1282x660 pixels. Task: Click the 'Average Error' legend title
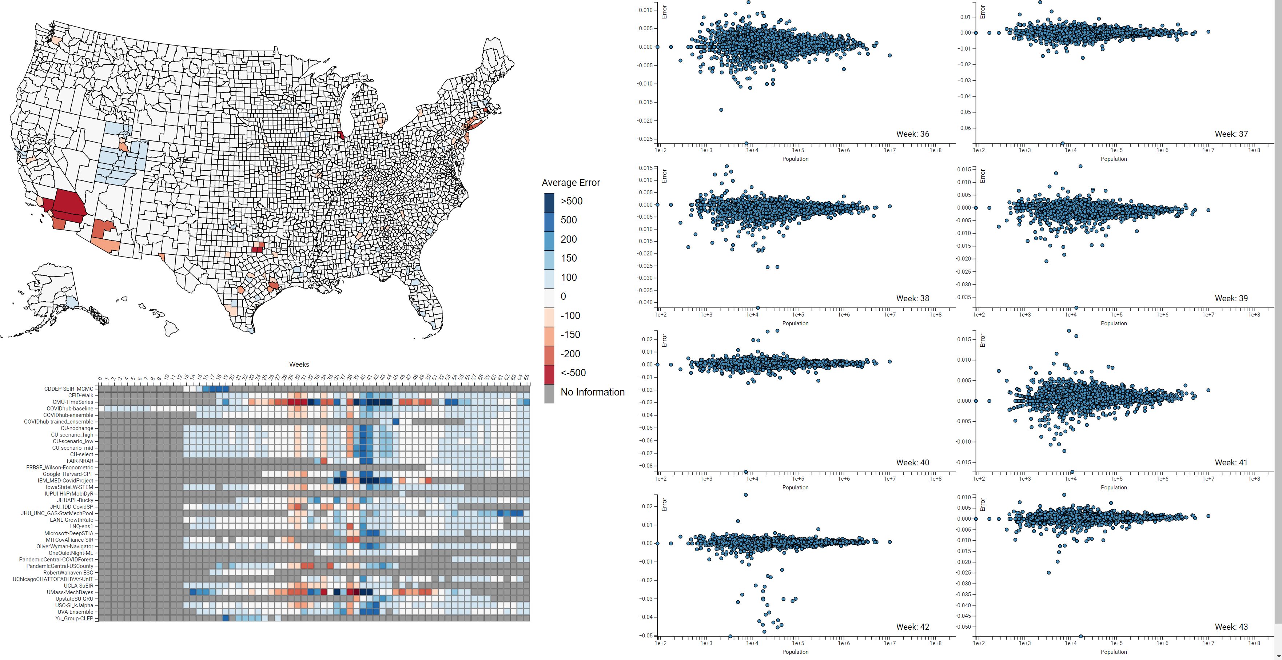point(570,183)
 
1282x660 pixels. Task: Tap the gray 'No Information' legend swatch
point(549,393)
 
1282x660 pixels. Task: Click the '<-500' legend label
point(573,373)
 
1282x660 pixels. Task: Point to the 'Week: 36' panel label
point(912,134)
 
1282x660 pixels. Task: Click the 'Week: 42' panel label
point(912,627)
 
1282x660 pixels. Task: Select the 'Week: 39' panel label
point(1231,298)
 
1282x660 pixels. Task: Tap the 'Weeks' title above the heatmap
point(299,364)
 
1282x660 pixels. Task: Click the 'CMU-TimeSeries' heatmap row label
point(73,402)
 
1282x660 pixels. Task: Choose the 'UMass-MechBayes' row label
point(70,592)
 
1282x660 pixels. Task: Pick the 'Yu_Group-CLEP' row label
point(74,619)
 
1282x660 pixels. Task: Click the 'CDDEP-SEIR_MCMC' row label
point(69,389)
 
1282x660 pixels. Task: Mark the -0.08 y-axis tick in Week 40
point(646,466)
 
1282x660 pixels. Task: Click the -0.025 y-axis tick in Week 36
point(645,139)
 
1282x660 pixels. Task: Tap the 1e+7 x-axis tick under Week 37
point(1208,150)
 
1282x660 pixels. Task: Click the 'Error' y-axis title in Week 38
point(664,175)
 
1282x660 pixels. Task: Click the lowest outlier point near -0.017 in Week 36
point(721,110)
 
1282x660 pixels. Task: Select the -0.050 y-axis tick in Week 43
point(963,627)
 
